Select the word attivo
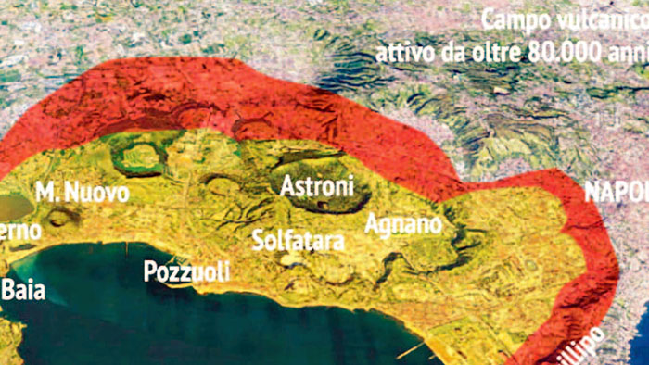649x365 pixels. tap(401, 51)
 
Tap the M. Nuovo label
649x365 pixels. tap(82, 193)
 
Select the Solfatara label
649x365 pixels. tap(299, 241)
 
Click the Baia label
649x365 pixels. tap(22, 290)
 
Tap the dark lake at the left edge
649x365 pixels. tap(11, 207)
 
